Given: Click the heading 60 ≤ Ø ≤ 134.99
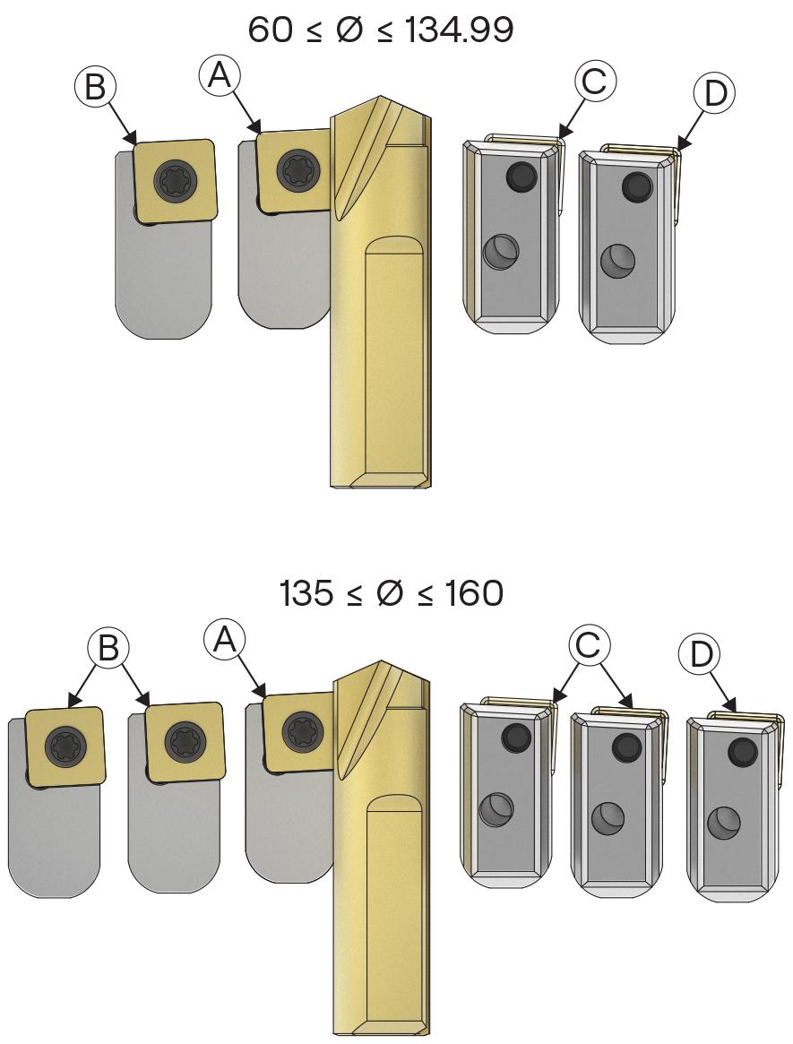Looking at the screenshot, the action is tap(380, 30).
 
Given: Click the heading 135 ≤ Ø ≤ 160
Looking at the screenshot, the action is tap(392, 593).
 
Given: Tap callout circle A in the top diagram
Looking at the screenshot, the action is tap(220, 76).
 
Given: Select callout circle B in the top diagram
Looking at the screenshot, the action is tap(95, 87).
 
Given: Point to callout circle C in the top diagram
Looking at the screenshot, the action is tap(594, 82).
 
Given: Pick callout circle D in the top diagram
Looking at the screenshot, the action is tap(714, 94).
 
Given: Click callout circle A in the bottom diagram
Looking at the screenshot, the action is tap(224, 641).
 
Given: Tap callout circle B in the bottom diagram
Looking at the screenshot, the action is tap(108, 647).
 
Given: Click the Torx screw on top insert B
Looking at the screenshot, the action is tap(174, 179).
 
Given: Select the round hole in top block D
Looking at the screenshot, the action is tap(617, 261).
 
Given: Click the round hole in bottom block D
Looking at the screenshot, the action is tap(723, 823).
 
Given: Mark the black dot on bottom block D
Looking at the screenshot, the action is tap(743, 753).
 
